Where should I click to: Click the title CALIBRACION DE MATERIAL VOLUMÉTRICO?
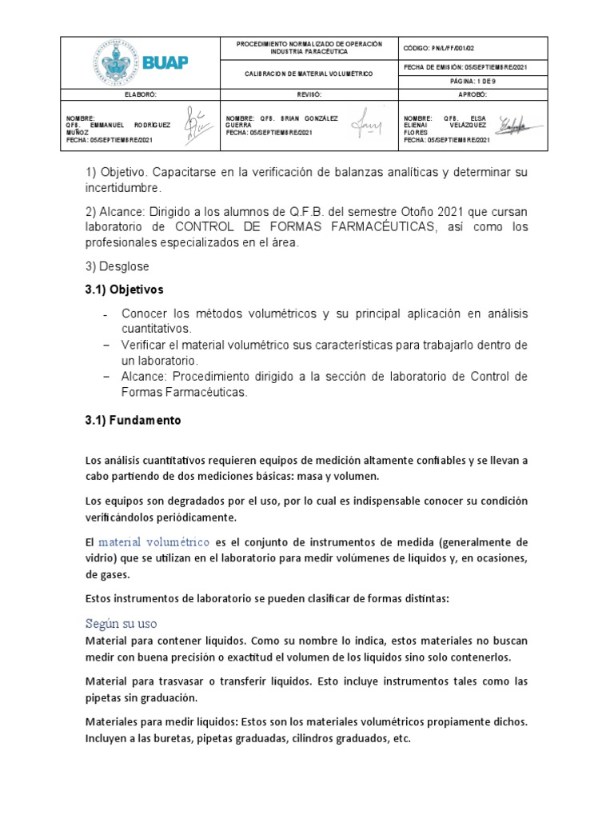pos(309,74)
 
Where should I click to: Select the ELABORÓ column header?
pos(142,94)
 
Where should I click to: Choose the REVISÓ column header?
pos(309,94)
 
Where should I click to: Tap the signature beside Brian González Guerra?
pos(369,125)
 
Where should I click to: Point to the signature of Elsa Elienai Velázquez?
pos(520,125)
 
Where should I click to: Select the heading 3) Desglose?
pos(117,266)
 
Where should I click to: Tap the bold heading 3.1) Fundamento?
pos(133,420)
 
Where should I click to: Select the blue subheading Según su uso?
pos(121,622)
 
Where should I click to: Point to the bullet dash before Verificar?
pos(107,345)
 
